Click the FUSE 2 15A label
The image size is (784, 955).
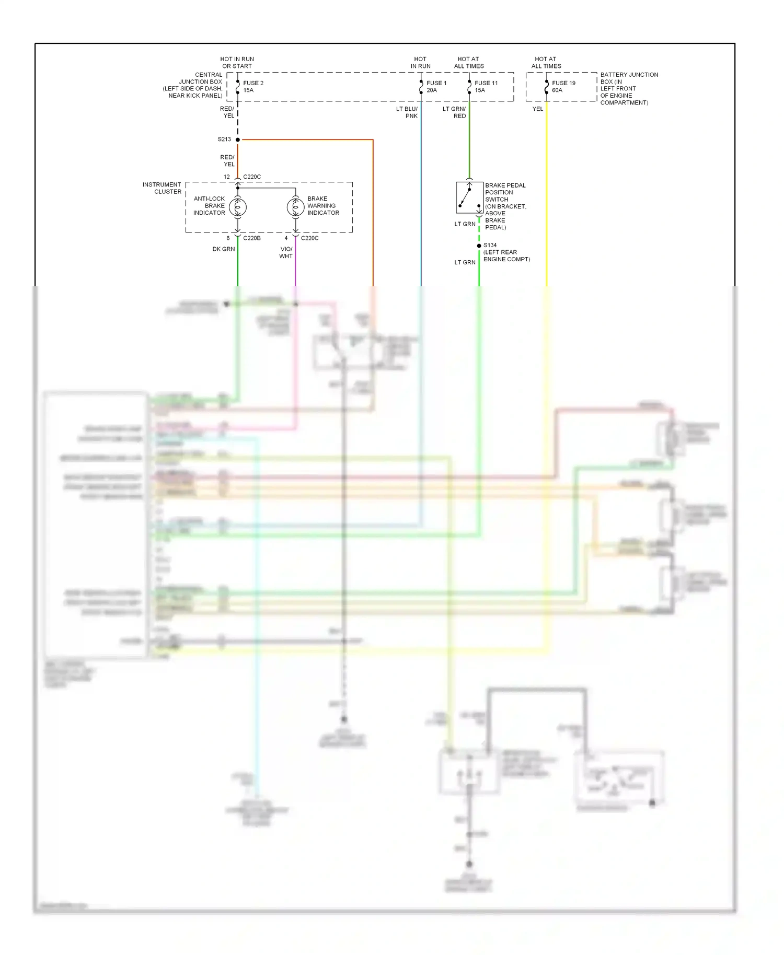[253, 87]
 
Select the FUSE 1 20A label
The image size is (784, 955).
[436, 87]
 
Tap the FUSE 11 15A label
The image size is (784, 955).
[486, 87]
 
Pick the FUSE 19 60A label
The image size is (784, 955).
[563, 87]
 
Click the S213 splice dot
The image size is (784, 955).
[238, 139]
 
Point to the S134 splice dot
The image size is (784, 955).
[479, 246]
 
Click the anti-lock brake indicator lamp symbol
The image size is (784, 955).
[238, 207]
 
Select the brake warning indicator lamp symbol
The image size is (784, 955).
[295, 207]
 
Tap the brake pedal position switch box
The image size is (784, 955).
[469, 197]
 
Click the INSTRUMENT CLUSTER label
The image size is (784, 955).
[162, 188]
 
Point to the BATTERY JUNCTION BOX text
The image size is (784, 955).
[629, 88]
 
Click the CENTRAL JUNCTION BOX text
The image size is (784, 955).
[194, 85]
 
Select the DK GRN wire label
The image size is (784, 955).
[223, 249]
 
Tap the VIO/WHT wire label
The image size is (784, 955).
[286, 253]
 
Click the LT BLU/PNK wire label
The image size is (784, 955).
[407, 112]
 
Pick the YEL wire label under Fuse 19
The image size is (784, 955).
[538, 109]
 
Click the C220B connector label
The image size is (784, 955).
[252, 238]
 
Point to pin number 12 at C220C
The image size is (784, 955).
[226, 177]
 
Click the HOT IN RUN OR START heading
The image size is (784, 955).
[237, 63]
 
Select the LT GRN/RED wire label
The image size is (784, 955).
[454, 112]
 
